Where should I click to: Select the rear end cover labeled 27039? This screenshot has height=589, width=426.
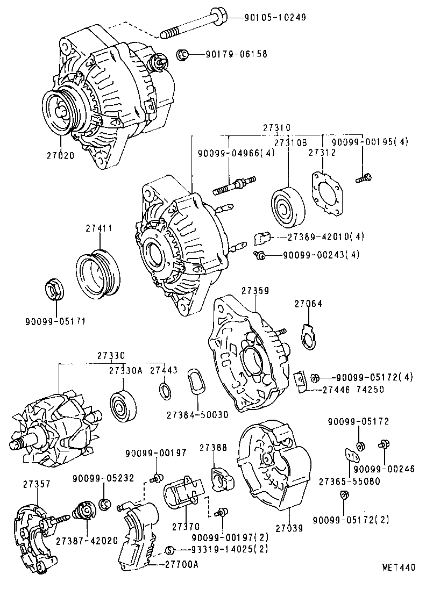tap(274, 468)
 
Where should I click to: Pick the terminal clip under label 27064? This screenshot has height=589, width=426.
tap(308, 336)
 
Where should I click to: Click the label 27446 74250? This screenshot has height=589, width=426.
tap(353, 390)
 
